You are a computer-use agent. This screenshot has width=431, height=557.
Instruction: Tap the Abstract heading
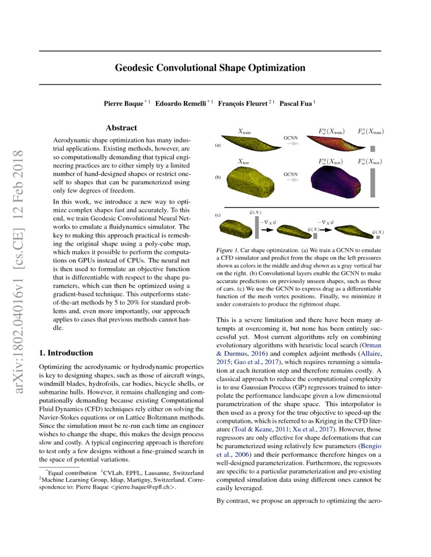pos(121,128)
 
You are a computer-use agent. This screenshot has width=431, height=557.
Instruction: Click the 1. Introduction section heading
pos(66,353)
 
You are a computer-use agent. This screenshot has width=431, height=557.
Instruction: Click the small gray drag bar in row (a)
pos(373,148)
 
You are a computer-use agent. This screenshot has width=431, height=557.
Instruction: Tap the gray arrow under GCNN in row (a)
pos(291,144)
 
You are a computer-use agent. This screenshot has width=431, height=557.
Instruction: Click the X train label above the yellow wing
pos(244,132)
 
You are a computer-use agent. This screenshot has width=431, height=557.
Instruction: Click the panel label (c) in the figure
pos(218,215)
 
